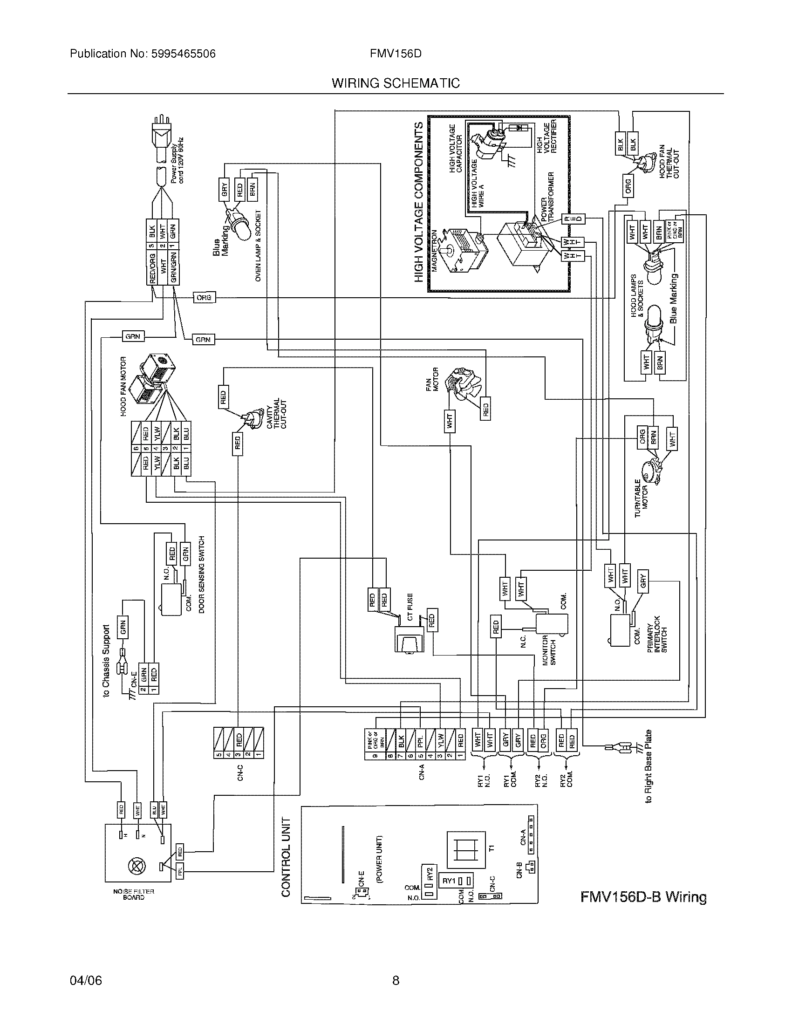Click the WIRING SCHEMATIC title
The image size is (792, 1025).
pyautogui.click(x=396, y=83)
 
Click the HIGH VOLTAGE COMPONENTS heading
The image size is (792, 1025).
pyautogui.click(x=419, y=202)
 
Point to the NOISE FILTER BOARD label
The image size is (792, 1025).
pyautogui.click(x=134, y=895)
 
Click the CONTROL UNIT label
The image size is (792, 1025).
pyautogui.click(x=286, y=856)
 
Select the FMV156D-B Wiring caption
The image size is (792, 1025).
pyautogui.click(x=643, y=897)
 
